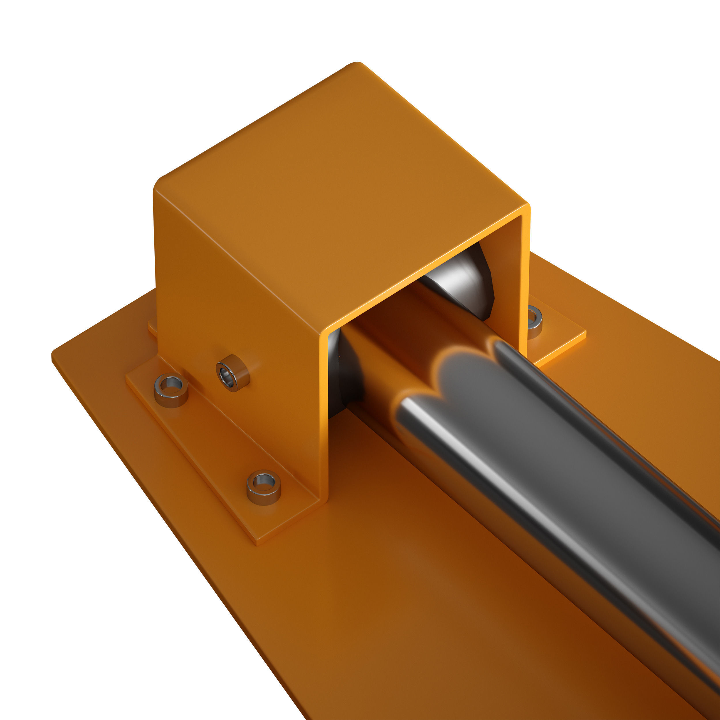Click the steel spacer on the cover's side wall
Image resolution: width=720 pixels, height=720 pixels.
232,373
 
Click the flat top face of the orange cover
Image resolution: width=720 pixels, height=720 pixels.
336,186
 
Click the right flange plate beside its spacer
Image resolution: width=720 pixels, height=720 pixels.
559,336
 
